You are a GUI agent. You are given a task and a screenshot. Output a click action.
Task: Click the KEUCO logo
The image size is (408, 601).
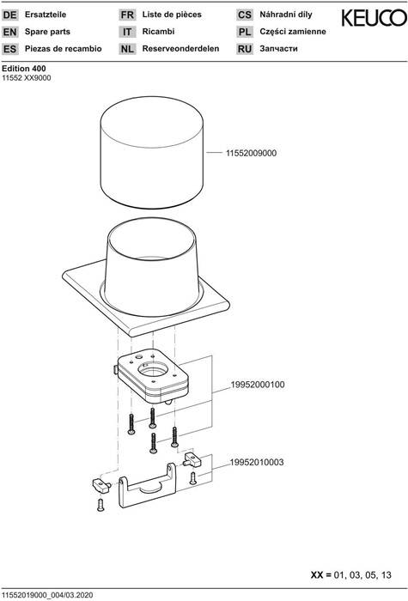click(374, 18)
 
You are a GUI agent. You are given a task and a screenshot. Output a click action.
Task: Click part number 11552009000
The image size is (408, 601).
click(251, 153)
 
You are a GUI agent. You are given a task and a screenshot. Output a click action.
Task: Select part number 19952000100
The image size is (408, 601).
click(258, 385)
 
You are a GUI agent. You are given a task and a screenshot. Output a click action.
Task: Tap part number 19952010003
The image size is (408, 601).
click(257, 462)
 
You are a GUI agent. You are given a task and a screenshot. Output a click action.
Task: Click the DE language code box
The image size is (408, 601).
click(10, 15)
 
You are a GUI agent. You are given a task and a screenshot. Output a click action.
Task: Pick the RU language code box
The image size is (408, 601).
click(244, 49)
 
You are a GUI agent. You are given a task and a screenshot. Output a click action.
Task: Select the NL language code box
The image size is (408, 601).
click(127, 49)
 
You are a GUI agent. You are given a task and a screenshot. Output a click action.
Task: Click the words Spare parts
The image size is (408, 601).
click(47, 32)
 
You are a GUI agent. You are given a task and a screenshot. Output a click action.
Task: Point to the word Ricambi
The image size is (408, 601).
click(158, 32)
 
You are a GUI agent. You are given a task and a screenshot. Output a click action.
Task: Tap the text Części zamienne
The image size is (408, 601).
click(293, 32)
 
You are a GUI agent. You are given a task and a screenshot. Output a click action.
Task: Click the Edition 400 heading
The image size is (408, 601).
click(24, 69)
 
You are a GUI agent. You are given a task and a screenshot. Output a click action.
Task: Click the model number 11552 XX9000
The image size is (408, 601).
click(27, 78)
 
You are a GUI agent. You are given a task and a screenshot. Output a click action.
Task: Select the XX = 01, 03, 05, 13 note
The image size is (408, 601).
click(350, 575)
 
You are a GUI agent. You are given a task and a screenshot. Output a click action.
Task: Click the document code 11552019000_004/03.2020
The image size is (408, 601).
click(47, 595)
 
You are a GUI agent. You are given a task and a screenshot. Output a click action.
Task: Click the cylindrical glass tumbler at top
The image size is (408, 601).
click(152, 152)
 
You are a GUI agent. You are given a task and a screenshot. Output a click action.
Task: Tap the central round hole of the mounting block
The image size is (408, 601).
click(153, 369)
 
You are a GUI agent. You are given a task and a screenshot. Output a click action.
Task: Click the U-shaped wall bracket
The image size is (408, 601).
click(147, 486)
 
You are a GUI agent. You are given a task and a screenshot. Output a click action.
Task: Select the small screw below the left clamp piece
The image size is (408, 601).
click(100, 505)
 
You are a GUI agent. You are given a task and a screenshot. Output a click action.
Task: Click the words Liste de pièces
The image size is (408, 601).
click(172, 15)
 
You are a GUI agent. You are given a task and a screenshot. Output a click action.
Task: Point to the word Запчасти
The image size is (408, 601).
click(278, 49)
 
